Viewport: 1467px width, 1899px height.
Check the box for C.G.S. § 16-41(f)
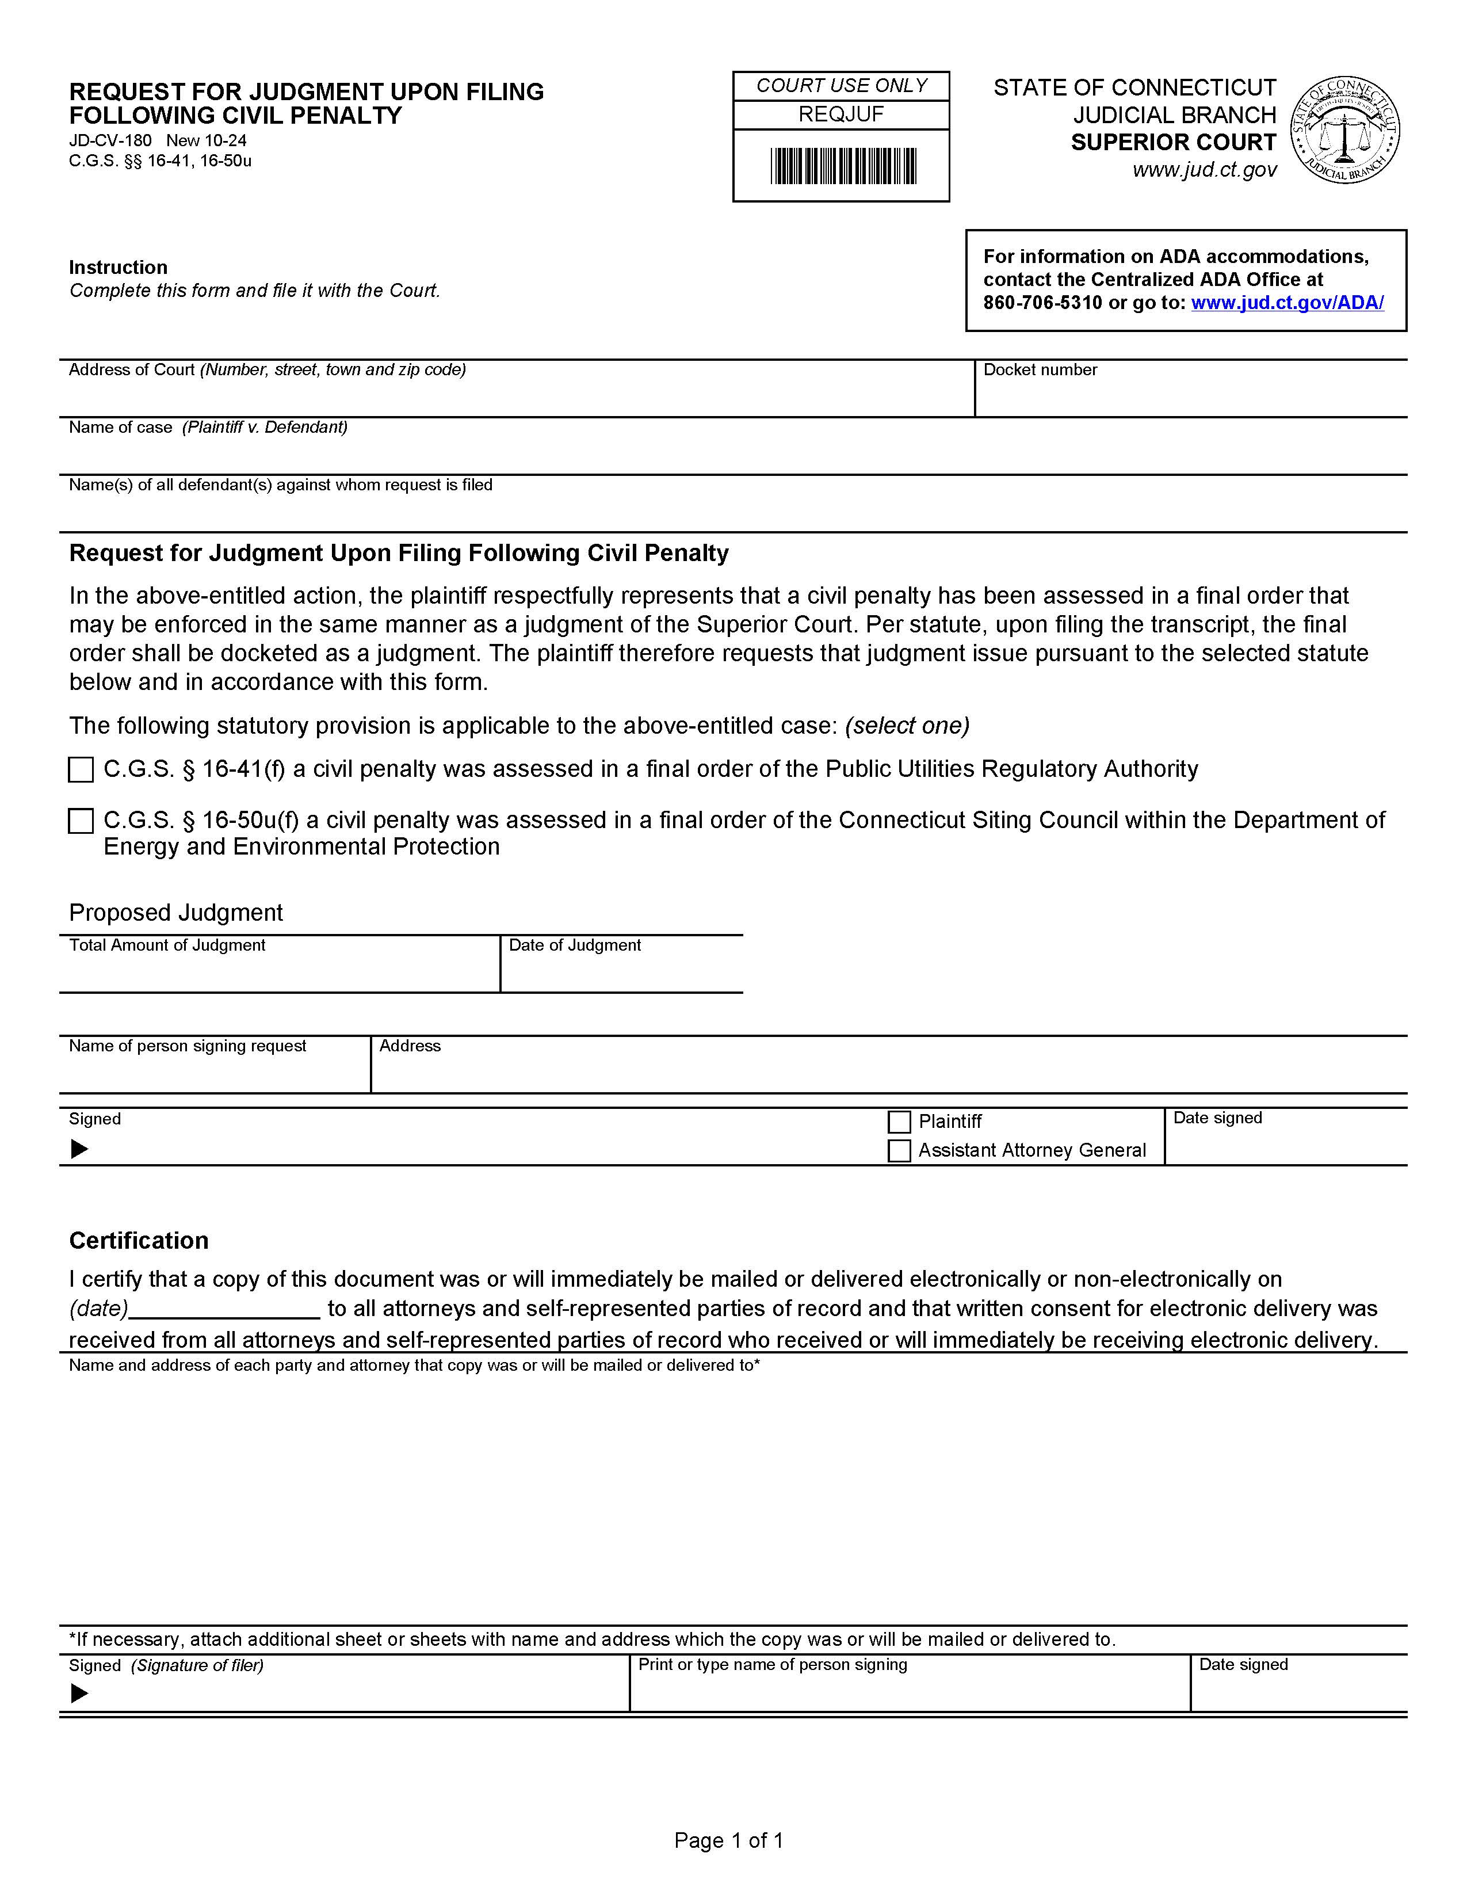point(81,769)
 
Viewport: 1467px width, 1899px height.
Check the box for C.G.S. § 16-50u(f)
point(81,821)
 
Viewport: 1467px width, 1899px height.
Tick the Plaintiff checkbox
point(900,1122)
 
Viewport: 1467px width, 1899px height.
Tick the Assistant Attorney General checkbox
point(900,1150)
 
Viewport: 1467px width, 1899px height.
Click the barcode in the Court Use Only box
point(842,166)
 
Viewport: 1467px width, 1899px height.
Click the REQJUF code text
point(841,115)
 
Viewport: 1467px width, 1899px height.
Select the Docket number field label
point(1040,369)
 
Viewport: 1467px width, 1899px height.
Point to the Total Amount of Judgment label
point(167,945)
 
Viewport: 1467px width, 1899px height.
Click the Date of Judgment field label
point(575,945)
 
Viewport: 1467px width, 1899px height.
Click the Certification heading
point(139,1240)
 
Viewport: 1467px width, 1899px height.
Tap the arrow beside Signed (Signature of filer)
point(79,1694)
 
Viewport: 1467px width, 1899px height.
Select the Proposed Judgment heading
point(175,912)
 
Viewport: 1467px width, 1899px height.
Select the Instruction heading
point(118,267)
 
